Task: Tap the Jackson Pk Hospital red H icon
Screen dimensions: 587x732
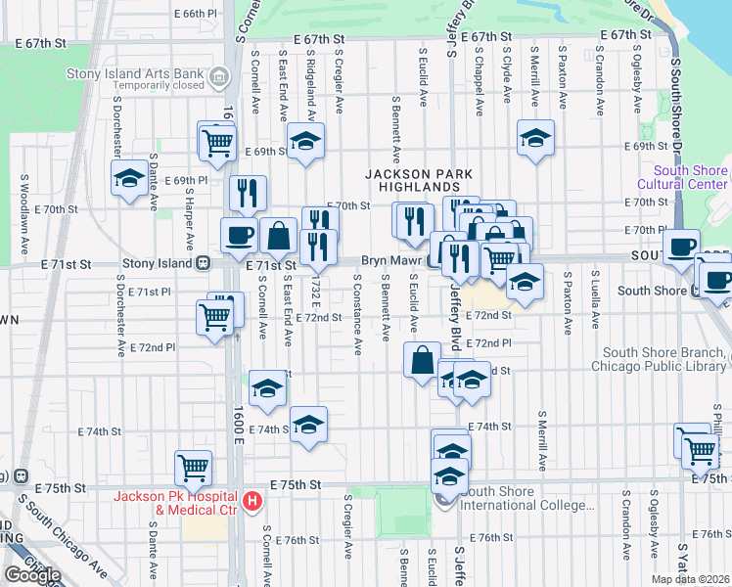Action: tap(253, 502)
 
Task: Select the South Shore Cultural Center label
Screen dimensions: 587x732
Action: tap(682, 177)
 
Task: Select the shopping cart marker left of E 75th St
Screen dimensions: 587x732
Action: tap(193, 467)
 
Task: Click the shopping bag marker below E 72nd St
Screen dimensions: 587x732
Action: tap(422, 359)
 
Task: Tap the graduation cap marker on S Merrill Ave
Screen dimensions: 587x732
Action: tap(535, 138)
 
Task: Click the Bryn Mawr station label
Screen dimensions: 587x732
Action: tap(389, 261)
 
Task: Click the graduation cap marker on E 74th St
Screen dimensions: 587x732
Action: tap(308, 425)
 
